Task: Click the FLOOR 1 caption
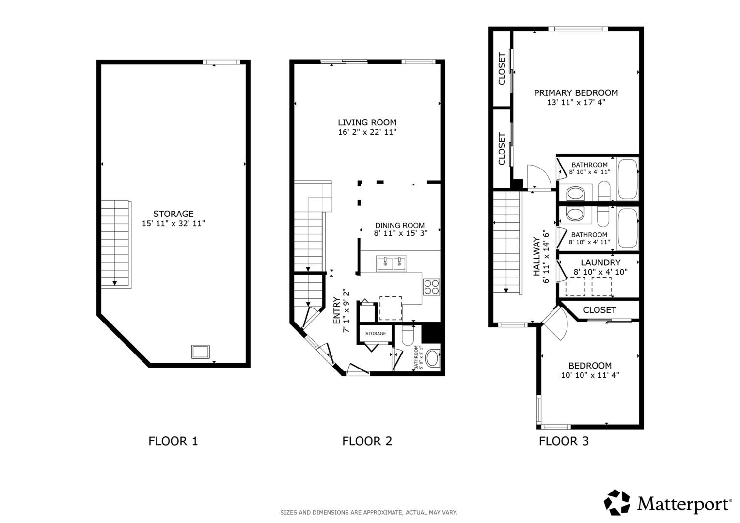coord(173,441)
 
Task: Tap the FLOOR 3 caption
coord(564,441)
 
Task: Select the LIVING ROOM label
coord(367,123)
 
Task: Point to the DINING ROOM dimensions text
coord(401,233)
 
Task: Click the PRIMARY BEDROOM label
coord(576,93)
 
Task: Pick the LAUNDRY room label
coord(600,262)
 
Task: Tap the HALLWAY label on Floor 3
coord(536,256)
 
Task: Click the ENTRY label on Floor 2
coord(337,310)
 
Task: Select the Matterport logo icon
coord(617,502)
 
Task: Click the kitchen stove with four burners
coord(431,287)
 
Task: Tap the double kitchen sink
coord(392,263)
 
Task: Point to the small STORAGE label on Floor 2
coord(376,334)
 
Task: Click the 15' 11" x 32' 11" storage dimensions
coord(173,224)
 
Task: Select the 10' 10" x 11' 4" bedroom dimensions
coord(590,375)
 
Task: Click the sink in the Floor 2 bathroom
coord(432,358)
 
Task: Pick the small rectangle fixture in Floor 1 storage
coord(201,352)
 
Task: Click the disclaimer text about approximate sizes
coord(369,513)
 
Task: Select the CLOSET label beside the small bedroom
coord(599,310)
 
